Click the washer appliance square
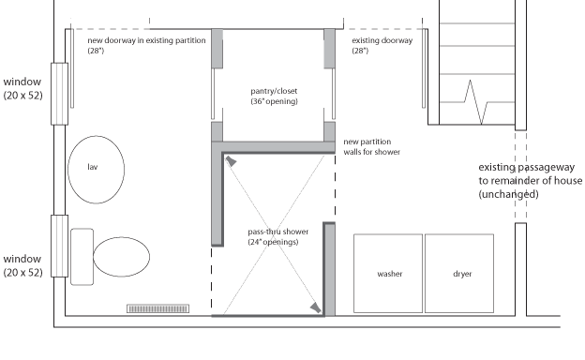(x=388, y=274)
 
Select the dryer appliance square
(x=459, y=274)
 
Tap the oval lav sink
(x=97, y=170)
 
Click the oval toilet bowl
(x=121, y=257)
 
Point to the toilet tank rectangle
(x=82, y=257)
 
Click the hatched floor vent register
(x=157, y=308)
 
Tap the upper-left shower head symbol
(x=231, y=161)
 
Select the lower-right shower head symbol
(x=316, y=307)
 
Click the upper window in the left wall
(x=59, y=94)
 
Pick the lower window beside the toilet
(x=59, y=246)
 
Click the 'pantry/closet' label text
(x=274, y=91)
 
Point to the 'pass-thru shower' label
(x=277, y=232)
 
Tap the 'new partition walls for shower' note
(x=371, y=147)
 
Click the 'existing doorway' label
(x=382, y=40)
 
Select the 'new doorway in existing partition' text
(x=146, y=40)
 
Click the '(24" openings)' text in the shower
(x=273, y=242)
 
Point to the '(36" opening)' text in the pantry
(x=274, y=101)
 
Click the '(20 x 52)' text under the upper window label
(x=23, y=96)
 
